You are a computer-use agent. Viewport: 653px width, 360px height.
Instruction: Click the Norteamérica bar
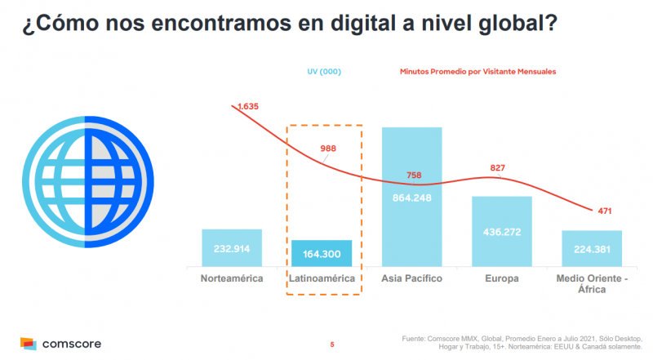tap(232, 247)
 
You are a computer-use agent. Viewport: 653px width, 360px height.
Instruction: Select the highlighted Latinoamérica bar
tap(322, 253)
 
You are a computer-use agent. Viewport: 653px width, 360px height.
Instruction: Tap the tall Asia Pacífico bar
tap(411, 196)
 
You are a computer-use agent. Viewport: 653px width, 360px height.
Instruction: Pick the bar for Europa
tap(501, 231)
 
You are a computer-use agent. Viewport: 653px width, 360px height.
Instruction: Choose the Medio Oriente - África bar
tap(592, 248)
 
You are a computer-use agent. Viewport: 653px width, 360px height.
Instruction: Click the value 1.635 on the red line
tap(248, 106)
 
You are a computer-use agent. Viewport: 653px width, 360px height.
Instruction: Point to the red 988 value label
tap(327, 149)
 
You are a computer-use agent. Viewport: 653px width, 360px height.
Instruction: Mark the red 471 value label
tap(605, 211)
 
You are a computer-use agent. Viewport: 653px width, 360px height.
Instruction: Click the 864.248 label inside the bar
tap(411, 198)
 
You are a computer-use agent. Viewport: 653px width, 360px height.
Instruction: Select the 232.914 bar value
tap(232, 249)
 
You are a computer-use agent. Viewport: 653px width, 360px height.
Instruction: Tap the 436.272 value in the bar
tap(501, 233)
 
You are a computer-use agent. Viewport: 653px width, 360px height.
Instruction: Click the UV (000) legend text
tap(323, 72)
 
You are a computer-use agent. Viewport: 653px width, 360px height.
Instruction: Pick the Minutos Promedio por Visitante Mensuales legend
tap(478, 72)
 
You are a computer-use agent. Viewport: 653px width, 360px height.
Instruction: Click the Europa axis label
tap(501, 279)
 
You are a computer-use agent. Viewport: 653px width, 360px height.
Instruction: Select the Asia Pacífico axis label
tap(411, 279)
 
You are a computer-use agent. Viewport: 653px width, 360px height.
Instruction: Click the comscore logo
tap(60, 344)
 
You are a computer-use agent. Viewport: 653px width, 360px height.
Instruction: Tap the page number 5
tap(332, 344)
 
